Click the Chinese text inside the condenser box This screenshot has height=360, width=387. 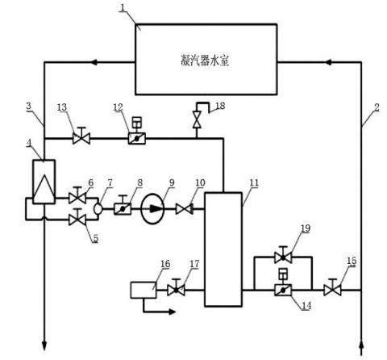(x=205, y=61)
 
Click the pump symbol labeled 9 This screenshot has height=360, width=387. (x=153, y=208)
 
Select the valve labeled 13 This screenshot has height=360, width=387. (x=81, y=136)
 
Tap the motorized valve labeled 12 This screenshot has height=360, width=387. (x=137, y=134)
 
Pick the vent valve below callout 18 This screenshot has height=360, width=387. (x=198, y=119)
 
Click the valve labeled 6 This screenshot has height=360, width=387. (x=77, y=195)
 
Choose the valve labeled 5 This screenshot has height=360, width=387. (x=77, y=217)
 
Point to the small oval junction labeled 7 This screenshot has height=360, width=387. (x=98, y=209)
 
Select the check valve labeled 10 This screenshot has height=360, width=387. (x=185, y=209)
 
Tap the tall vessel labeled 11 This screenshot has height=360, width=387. (x=223, y=249)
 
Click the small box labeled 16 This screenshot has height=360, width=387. (x=144, y=290)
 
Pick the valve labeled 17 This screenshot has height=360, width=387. (x=176, y=287)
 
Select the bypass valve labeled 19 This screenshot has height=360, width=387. (x=283, y=255)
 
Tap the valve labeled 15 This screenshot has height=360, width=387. (x=332, y=287)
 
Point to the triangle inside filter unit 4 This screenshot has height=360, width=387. (x=44, y=189)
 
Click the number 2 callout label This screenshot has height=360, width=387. (x=377, y=107)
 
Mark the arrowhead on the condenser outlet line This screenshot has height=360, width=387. (x=94, y=62)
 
